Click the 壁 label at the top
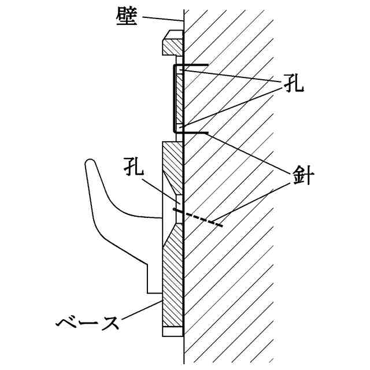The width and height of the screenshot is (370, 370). coord(126,17)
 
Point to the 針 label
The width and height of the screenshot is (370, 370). coord(302,176)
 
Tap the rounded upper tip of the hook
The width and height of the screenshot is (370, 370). coord(90,165)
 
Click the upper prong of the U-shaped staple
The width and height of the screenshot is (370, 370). coord(194,64)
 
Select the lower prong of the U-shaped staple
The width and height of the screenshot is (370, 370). coord(194,134)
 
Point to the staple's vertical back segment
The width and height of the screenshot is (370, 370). coord(173,98)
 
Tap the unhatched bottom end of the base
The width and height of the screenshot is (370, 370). coord(173,331)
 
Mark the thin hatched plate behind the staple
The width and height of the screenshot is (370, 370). coord(180,98)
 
